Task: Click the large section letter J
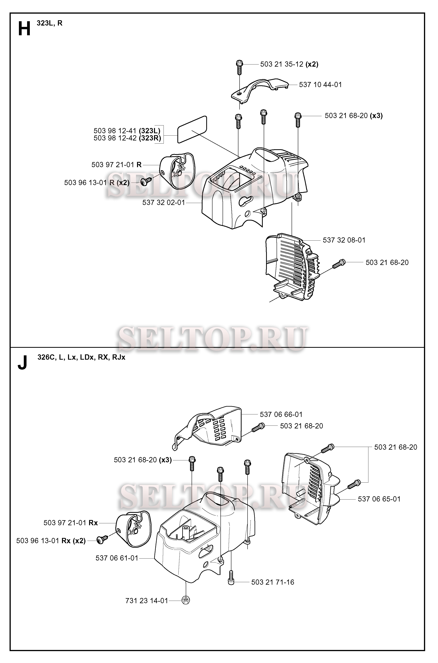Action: coord(22,362)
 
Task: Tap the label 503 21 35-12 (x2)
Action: coord(289,64)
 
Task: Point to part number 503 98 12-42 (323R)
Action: coord(127,138)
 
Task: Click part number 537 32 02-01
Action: coord(163,203)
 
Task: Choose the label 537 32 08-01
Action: coord(344,240)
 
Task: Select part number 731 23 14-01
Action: coord(147,601)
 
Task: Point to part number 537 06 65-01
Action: coord(379,499)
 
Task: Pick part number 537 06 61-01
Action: coord(117,558)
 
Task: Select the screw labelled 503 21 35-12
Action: coord(239,67)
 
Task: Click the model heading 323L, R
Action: coord(50,23)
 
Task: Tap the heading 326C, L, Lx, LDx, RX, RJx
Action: coord(81,358)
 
